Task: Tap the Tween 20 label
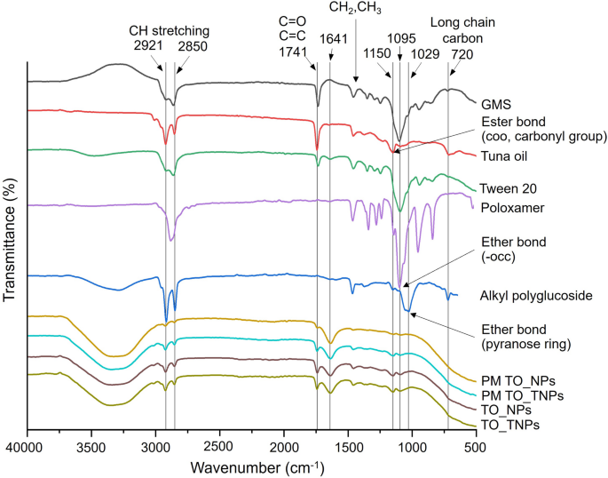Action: (x=508, y=187)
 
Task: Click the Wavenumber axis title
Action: (x=250, y=465)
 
